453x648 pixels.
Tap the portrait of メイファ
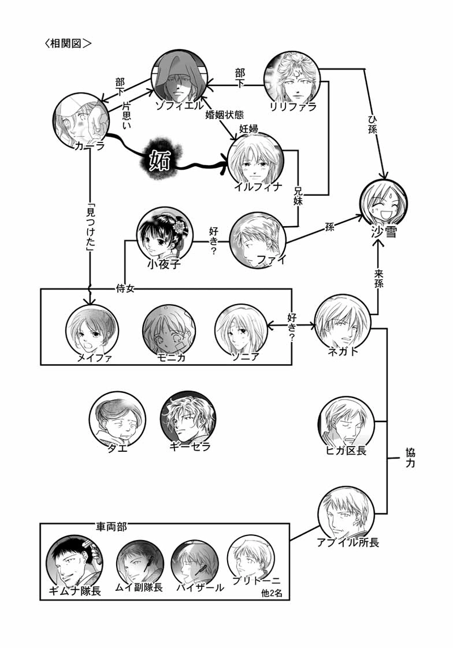(92, 329)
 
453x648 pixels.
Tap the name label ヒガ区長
(347, 451)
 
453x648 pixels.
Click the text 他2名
(274, 593)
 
